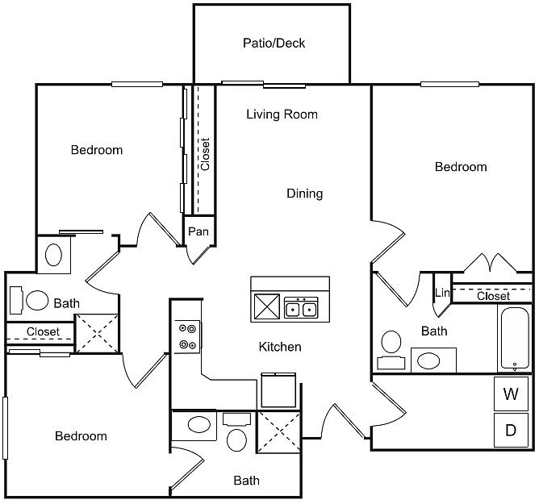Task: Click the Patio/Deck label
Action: click(x=274, y=43)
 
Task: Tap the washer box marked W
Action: click(x=511, y=394)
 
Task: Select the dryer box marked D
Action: click(x=511, y=430)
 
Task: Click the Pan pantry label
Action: click(x=198, y=231)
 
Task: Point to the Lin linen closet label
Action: click(x=442, y=293)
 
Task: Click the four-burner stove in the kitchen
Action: click(x=187, y=337)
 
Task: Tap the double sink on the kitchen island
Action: click(x=301, y=307)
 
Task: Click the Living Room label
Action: click(x=282, y=115)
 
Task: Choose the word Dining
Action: click(x=304, y=194)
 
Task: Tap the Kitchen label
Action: click(x=280, y=347)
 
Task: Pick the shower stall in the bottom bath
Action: click(x=279, y=432)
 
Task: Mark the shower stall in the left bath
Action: click(x=97, y=333)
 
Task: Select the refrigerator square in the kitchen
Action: click(x=278, y=390)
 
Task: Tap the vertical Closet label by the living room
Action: click(x=205, y=154)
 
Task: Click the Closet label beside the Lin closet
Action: click(x=493, y=296)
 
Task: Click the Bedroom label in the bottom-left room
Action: click(x=81, y=436)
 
